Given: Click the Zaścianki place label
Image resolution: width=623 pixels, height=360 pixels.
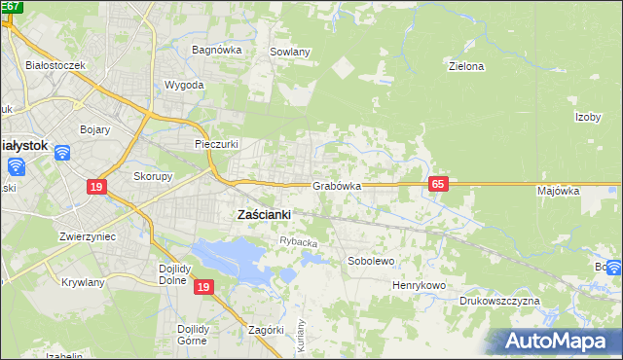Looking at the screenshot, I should [265, 215].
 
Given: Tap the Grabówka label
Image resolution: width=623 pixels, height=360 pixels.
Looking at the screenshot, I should [337, 185].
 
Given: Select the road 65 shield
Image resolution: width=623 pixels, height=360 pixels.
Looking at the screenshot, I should [438, 184].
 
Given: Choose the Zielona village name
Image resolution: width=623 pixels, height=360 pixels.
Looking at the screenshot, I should [465, 67].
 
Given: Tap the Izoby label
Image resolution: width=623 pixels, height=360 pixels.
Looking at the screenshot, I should [587, 117].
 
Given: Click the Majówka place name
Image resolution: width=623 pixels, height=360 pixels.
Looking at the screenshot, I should [558, 191].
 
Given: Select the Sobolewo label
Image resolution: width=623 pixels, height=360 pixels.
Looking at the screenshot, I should [371, 261].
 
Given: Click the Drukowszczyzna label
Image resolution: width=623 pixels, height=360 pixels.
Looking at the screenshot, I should [499, 302].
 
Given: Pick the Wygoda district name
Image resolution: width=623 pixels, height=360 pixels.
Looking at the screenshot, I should [185, 85].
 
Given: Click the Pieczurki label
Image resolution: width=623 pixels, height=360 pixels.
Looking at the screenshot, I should [217, 143].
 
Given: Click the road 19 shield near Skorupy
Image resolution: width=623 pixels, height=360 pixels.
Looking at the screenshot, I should [95, 187].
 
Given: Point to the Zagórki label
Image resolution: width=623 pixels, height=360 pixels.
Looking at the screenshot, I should [266, 330].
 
